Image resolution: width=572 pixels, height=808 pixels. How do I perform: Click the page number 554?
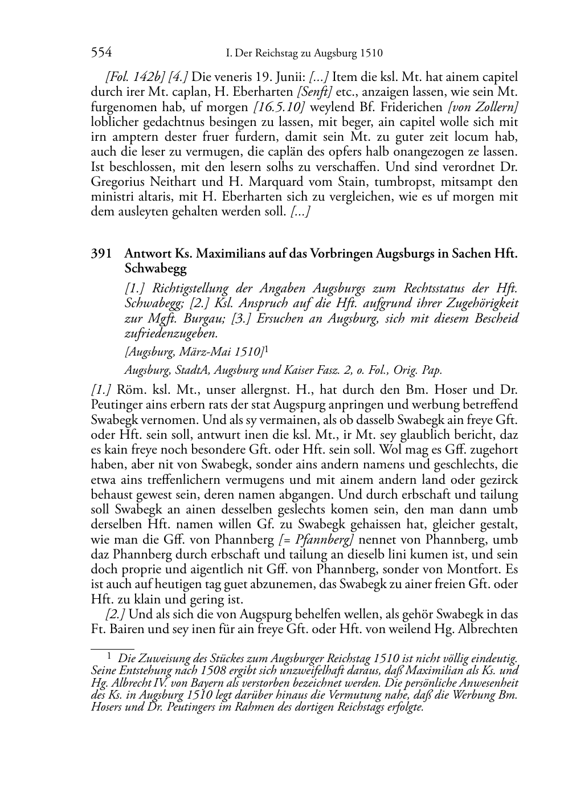101,53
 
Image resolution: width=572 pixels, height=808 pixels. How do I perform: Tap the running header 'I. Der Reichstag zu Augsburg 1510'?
304,54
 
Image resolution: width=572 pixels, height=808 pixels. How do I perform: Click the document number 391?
101,254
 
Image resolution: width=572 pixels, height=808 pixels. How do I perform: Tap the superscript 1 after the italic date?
267,349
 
